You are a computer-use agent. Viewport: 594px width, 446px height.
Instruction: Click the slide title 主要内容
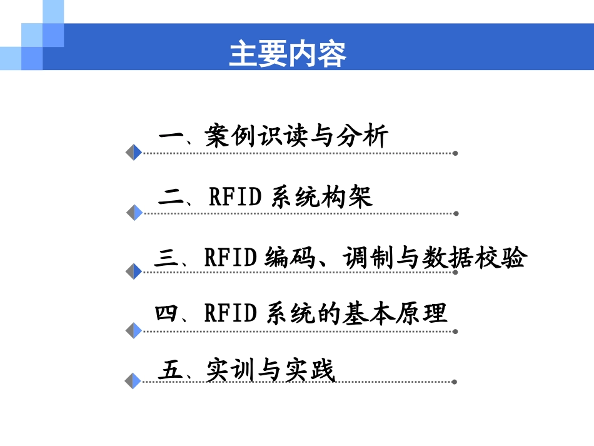tap(288, 54)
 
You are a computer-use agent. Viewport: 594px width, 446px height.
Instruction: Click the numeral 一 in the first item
tap(169, 137)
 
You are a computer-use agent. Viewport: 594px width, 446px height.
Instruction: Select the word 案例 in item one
tap(227, 137)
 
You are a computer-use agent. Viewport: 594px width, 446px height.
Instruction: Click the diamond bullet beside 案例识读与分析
tap(134, 152)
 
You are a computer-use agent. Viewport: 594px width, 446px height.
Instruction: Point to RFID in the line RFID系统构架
tap(234, 197)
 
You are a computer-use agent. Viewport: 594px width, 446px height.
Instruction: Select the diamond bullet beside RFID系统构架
tap(134, 213)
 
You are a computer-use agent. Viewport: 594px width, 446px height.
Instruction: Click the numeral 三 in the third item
tap(166, 258)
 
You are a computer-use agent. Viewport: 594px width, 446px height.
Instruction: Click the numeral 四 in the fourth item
tap(167, 313)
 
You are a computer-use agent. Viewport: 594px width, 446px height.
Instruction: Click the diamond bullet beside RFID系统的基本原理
tap(134, 330)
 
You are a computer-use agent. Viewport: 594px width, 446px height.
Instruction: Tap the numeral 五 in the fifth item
tap(169, 370)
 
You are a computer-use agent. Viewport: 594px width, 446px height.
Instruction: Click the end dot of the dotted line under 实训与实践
tap(455, 381)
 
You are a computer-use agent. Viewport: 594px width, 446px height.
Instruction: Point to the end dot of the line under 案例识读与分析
tap(455, 153)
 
